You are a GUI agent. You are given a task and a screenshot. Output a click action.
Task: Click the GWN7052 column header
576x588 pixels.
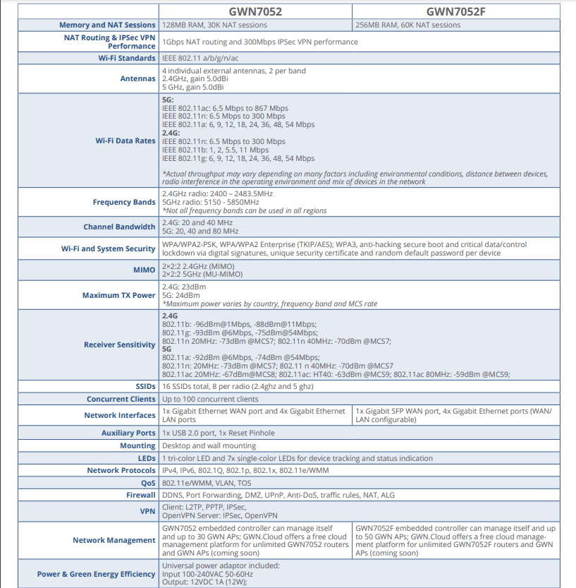[255, 11]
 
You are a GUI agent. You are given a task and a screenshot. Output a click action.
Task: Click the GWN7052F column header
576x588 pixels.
[455, 11]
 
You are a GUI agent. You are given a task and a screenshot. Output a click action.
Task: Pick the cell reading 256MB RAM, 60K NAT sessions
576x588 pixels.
[408, 25]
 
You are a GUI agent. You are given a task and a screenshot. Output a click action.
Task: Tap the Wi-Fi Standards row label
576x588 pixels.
[127, 58]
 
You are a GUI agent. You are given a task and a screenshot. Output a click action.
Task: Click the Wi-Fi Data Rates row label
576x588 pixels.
[125, 140]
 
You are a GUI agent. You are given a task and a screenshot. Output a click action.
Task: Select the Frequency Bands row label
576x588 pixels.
[124, 202]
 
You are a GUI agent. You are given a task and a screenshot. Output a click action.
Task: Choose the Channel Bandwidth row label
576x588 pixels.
[119, 227]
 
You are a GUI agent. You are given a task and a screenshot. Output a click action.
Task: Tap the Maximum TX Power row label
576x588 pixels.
[118, 295]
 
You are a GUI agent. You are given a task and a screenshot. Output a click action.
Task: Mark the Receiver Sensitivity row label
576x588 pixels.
[119, 344]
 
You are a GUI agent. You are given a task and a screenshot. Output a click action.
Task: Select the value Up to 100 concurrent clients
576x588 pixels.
[210, 400]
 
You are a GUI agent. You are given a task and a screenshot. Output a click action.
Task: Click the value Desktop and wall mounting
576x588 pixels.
[209, 445]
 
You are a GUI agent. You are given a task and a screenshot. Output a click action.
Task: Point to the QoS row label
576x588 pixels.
[146, 483]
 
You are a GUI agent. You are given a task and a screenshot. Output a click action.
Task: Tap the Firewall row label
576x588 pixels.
[140, 496]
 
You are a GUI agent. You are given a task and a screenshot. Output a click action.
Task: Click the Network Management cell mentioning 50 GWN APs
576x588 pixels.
[455, 540]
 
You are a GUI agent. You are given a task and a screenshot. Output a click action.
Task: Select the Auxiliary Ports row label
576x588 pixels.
[128, 433]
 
